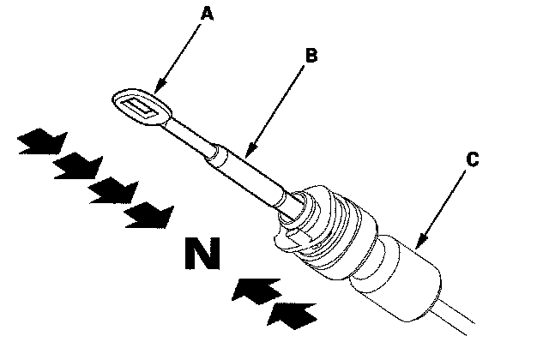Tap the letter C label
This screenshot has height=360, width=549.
pyautogui.click(x=472, y=159)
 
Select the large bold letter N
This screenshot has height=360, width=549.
pyautogui.click(x=202, y=252)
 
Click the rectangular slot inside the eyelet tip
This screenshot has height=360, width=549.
pyautogui.click(x=141, y=107)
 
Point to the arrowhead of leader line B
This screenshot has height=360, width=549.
pyautogui.click(x=247, y=154)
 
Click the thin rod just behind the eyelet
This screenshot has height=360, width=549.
pyautogui.click(x=189, y=137)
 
